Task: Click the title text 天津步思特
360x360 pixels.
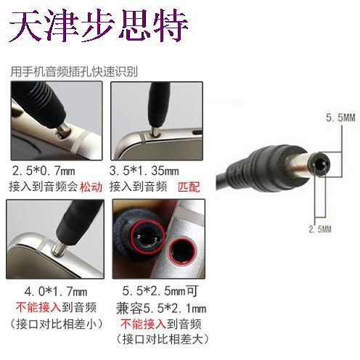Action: tap(99, 25)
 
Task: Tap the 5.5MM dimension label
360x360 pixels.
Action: tap(340, 118)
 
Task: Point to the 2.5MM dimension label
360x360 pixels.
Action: tap(320, 229)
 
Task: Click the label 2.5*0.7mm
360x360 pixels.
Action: tap(44, 171)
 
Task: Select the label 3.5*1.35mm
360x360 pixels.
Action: tap(144, 171)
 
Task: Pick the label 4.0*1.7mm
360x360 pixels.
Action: tap(56, 292)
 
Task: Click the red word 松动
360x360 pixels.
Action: tap(91, 187)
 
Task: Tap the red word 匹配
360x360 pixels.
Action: tap(189, 187)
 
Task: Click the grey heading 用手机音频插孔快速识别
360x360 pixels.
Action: tap(74, 72)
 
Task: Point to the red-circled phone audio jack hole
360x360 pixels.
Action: tap(182, 251)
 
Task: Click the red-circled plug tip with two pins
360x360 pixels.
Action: tap(148, 237)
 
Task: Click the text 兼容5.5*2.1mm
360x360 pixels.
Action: tap(161, 308)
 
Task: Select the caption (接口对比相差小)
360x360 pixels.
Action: tap(56, 324)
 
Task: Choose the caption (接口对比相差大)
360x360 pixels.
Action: tap(162, 340)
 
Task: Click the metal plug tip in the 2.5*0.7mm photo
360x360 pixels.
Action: tap(64, 130)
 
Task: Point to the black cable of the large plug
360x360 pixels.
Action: tap(222, 180)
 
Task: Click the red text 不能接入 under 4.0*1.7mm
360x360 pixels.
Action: tap(38, 307)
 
